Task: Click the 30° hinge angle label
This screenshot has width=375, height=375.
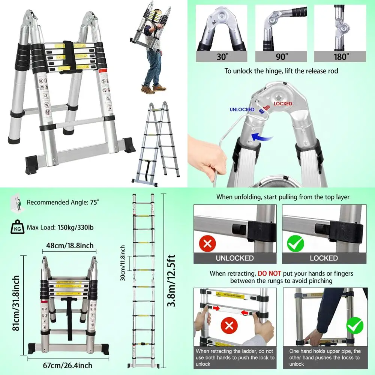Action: coord(221,57)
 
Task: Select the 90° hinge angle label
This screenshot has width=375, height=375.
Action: coord(282,57)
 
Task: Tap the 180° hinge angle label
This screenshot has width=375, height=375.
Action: coord(341,57)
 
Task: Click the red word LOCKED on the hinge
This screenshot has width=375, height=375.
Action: coord(283,103)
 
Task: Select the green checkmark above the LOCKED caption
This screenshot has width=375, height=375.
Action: coord(295,244)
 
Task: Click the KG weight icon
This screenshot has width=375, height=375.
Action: coord(16,227)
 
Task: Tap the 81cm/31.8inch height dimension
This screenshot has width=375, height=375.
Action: coord(16,304)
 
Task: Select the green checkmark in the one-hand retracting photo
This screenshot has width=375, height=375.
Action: coord(354,325)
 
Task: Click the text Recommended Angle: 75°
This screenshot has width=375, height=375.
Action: coord(63,202)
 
